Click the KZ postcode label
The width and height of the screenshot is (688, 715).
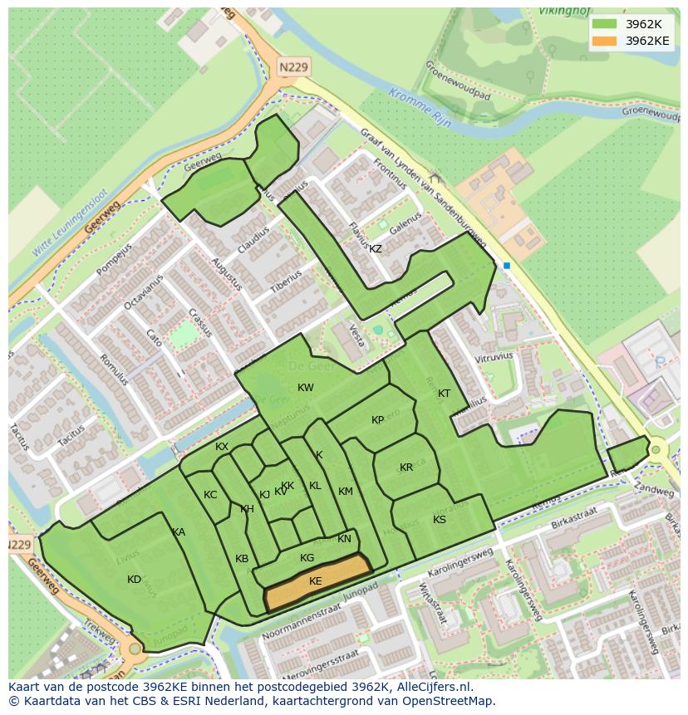(x=376, y=249)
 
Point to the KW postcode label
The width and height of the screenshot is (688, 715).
(x=306, y=388)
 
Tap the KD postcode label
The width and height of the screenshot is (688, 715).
(x=134, y=580)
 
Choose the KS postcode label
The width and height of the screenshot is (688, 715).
(x=440, y=520)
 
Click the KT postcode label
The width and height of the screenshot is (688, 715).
(x=444, y=394)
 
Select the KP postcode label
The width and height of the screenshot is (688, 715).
(x=378, y=420)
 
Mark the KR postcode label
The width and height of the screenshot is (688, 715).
(x=406, y=468)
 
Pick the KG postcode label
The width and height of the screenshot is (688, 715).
(x=307, y=558)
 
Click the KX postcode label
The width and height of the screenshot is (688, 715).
(x=222, y=447)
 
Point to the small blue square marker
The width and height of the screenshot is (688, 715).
(x=506, y=266)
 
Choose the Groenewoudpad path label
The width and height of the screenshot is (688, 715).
(x=458, y=80)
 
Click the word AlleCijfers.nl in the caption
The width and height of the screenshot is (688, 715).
(x=431, y=687)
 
